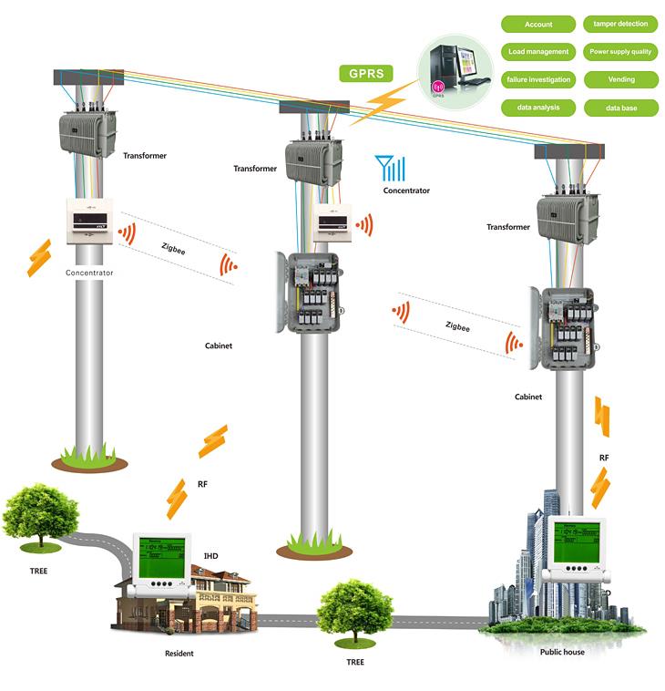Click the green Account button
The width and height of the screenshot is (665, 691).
538,24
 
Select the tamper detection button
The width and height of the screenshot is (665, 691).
621,24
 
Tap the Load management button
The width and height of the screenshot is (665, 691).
538,52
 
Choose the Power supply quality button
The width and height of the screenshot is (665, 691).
621,52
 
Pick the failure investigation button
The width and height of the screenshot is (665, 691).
538,80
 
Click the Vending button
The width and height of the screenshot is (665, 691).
621,80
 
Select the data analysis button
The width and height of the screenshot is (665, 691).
538,108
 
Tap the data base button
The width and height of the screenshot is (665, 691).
621,108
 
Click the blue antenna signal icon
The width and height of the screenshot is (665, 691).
391,168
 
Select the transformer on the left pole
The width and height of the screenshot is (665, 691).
87,132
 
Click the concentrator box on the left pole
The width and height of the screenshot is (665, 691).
89,219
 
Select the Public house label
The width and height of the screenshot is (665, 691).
562,652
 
